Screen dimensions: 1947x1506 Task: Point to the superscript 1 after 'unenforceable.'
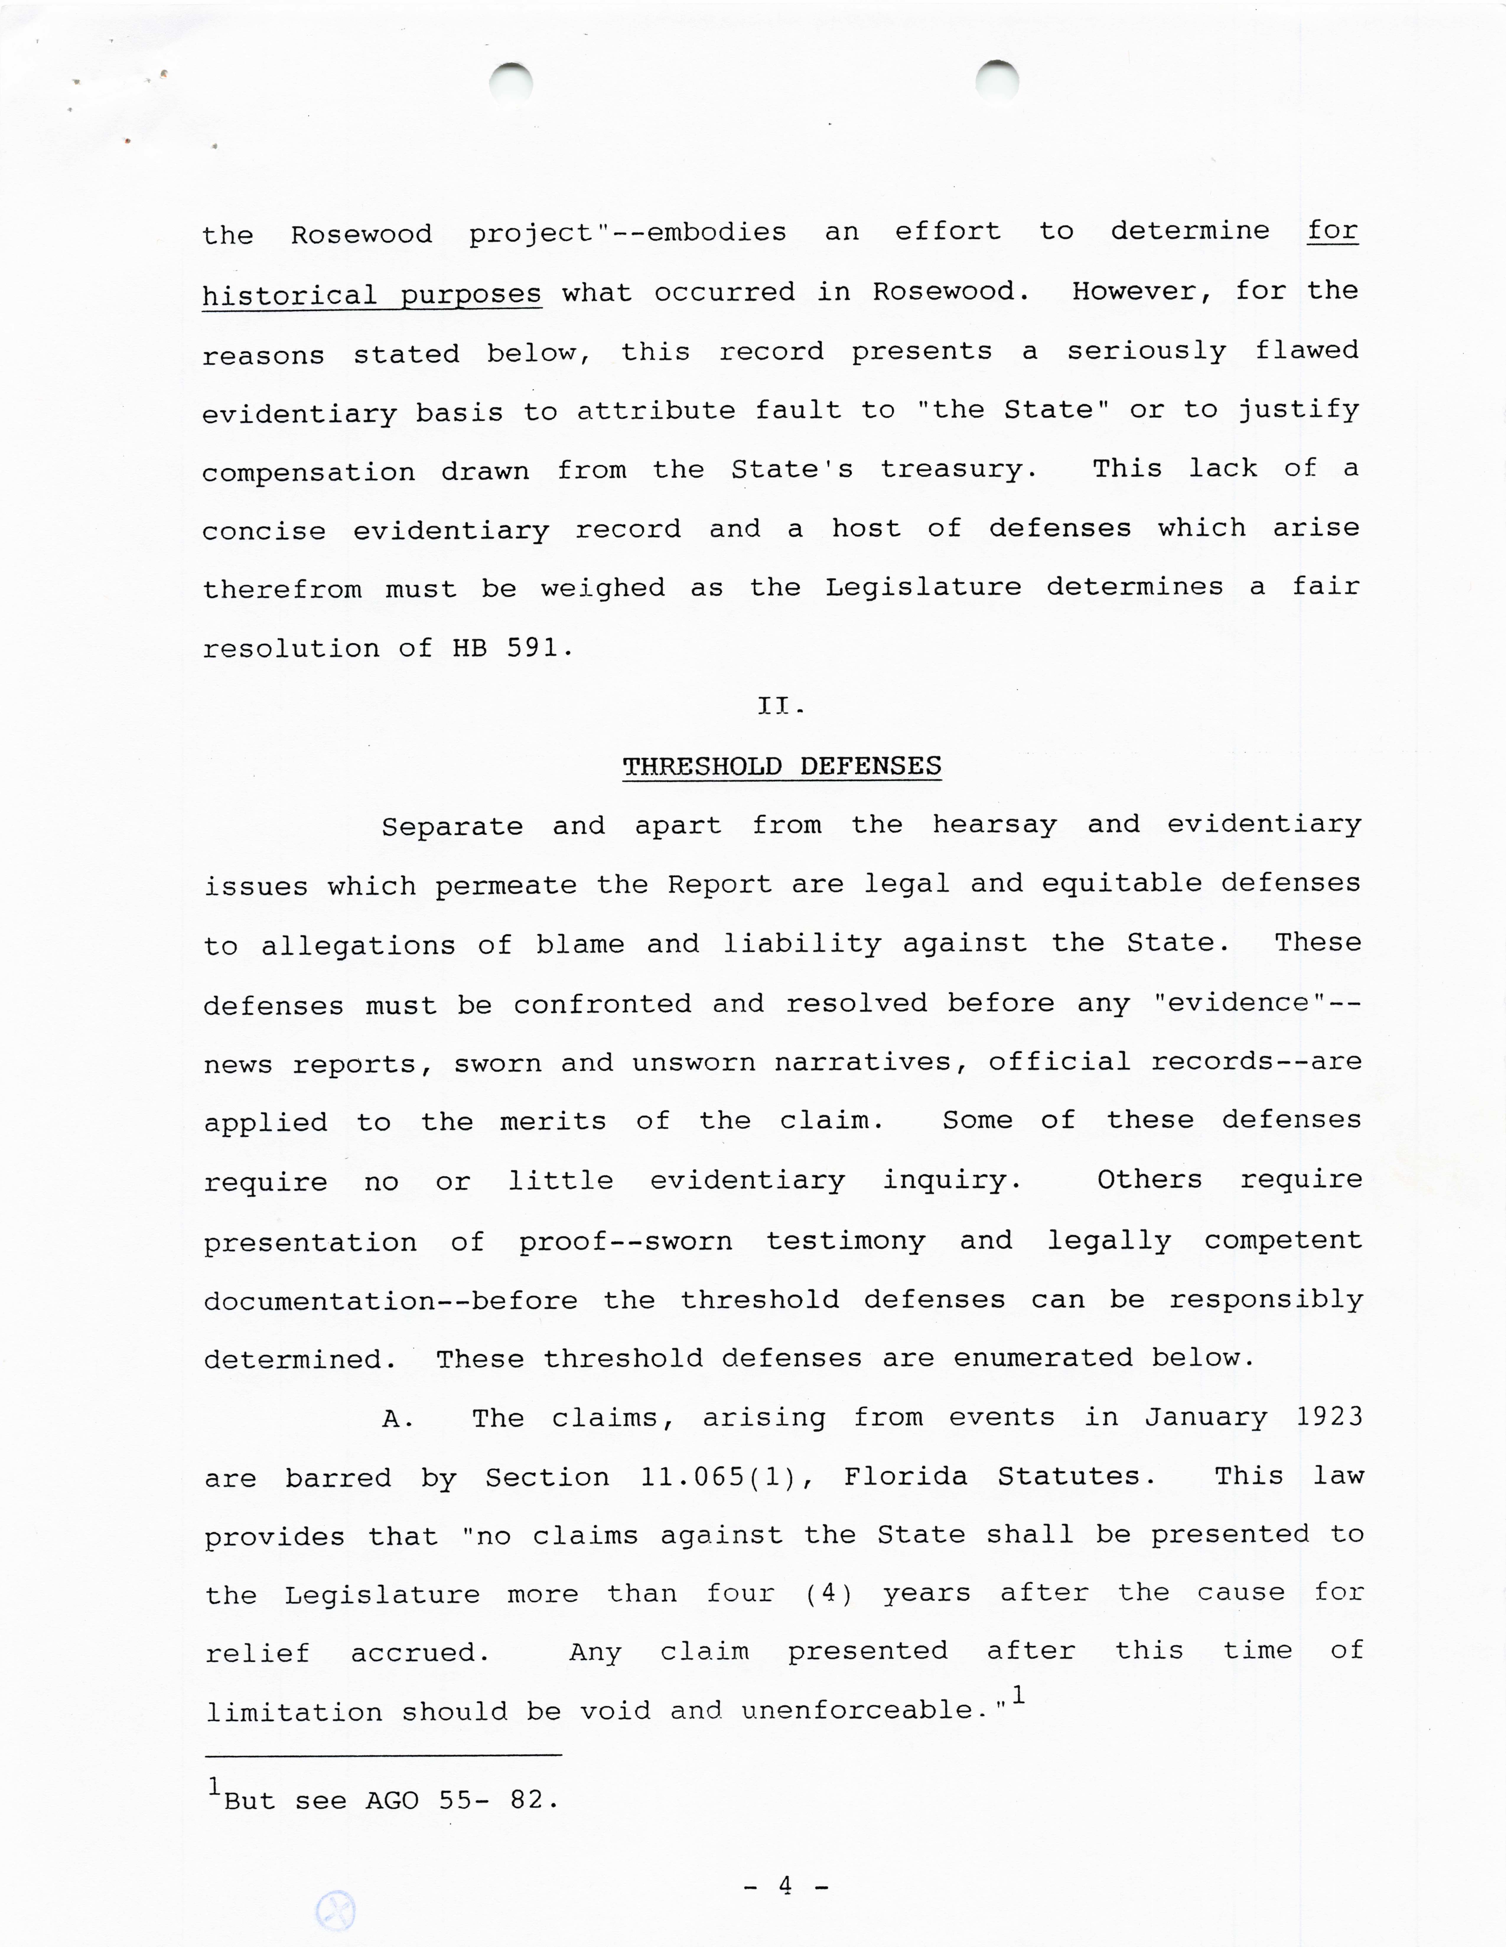coord(1018,1694)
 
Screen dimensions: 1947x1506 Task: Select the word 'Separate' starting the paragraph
coord(452,826)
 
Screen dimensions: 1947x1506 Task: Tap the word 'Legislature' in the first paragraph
coord(923,587)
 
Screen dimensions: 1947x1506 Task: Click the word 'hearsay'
coord(994,825)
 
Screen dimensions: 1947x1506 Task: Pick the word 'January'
coord(1206,1417)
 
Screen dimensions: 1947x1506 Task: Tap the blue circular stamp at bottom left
coord(336,1911)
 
